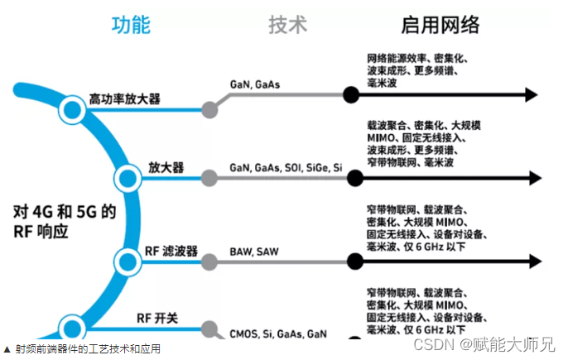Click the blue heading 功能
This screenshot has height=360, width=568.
point(131,25)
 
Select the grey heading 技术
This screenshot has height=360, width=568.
point(287,25)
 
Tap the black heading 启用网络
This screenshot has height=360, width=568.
point(440,25)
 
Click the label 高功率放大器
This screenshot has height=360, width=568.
point(125,99)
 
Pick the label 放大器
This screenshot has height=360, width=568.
point(166,167)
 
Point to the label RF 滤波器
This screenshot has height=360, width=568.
point(171,252)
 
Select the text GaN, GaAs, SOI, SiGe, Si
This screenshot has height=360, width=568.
point(286,167)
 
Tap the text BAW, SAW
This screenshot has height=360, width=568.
point(254,251)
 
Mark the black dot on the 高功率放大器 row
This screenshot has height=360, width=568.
point(352,95)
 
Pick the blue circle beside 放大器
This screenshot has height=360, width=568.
point(128,176)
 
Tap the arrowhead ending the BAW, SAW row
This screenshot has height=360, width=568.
point(534,262)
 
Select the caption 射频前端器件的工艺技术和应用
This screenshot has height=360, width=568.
point(86,348)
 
